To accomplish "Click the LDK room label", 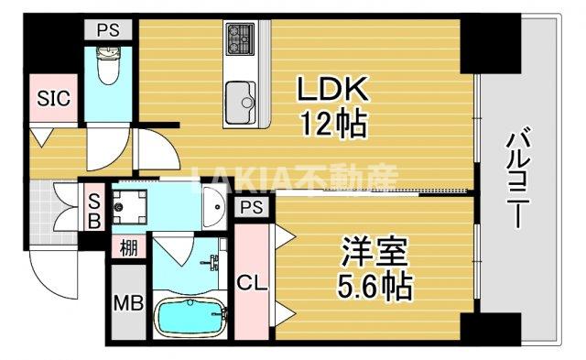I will pyautogui.click(x=331, y=91).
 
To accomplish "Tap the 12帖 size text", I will pyautogui.click(x=331, y=123).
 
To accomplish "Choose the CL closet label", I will pyautogui.click(x=252, y=283).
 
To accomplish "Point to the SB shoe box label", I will pyautogui.click(x=93, y=210).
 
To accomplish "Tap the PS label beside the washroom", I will pyautogui.click(x=252, y=209).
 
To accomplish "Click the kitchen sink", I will pyautogui.click(x=243, y=95).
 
